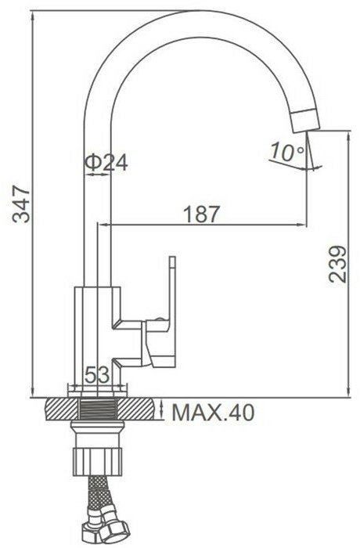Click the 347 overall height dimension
21,205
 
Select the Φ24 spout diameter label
106,161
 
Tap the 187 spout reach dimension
202,214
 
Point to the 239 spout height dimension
337,265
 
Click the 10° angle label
287,152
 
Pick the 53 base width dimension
97,375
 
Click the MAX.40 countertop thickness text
214,413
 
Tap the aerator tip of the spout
305,121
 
